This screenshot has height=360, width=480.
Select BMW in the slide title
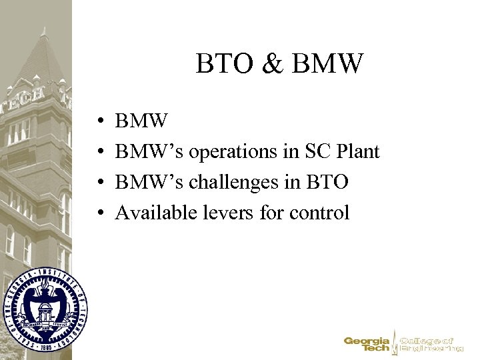pyautogui.click(x=328, y=65)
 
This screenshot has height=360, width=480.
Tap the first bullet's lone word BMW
pyautogui.click(x=141, y=121)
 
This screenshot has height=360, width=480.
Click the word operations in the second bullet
pyautogui.click(x=233, y=152)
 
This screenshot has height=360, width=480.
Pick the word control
pyautogui.click(x=319, y=213)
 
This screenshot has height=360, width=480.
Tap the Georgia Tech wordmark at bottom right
pyautogui.click(x=367, y=344)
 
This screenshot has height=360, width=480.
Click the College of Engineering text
pyautogui.click(x=430, y=344)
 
